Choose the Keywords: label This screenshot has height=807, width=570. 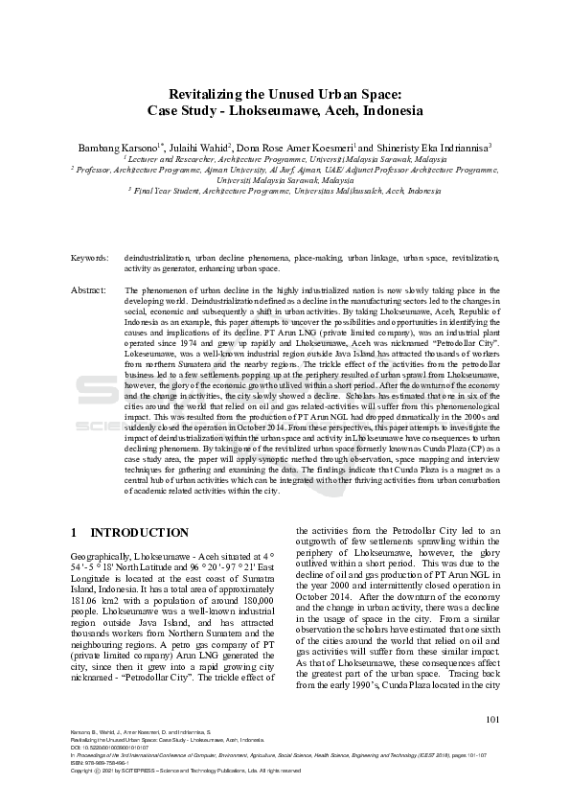tap(90, 259)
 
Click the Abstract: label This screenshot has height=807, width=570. tap(89, 289)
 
